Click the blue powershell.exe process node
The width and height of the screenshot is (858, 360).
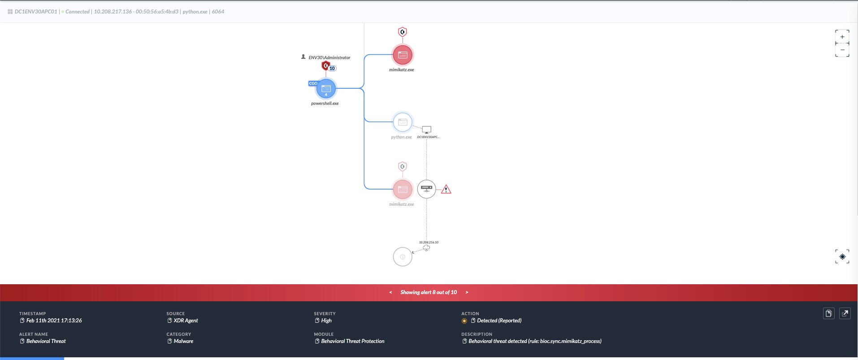326,89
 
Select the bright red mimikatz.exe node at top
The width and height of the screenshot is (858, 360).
403,55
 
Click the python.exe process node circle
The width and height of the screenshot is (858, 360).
403,122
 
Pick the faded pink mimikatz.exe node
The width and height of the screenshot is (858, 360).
403,189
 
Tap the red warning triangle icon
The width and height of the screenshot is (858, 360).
446,190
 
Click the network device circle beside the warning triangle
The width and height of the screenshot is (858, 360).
426,189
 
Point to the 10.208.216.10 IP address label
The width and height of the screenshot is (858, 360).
429,242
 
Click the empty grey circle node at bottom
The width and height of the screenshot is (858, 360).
403,257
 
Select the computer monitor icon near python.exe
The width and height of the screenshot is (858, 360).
427,130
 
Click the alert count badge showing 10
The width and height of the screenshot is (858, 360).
332,69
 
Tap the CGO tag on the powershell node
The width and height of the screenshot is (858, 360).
313,83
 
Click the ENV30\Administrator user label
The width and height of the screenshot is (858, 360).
329,57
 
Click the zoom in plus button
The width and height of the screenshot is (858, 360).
842,37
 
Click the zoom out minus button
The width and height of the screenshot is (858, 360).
842,50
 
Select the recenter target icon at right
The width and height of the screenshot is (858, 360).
842,257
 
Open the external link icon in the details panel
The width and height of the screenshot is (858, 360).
845,313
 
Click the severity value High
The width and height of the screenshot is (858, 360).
326,321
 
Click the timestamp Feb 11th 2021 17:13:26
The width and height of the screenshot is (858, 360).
54,321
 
